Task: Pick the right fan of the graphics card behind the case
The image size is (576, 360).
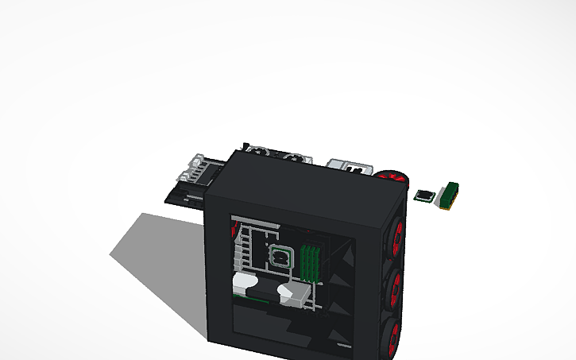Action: point(295,157)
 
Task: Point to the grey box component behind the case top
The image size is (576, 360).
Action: point(350,166)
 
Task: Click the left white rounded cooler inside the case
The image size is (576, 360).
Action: point(244,284)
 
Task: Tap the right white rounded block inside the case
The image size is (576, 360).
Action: point(292,293)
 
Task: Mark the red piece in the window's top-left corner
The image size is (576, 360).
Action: point(234,230)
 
